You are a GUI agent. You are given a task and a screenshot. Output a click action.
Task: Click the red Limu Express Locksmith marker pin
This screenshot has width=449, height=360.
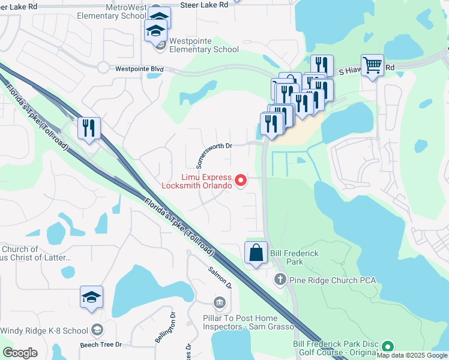coord(241,180)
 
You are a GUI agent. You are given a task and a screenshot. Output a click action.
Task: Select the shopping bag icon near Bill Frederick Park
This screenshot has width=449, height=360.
coord(256,253)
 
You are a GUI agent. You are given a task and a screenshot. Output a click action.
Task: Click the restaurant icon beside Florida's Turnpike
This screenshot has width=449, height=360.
coord(89,128)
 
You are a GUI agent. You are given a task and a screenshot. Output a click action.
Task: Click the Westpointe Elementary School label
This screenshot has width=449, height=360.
coord(204,46)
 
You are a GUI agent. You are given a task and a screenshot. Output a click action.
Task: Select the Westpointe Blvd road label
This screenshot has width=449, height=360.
coord(139,69)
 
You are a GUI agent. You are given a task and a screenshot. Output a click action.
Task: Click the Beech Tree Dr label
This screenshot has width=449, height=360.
coord(101,345)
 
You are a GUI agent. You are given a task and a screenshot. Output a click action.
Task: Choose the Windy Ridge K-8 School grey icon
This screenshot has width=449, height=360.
coord(97,330)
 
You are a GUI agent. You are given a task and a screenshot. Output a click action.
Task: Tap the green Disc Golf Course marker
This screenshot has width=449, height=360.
coord(388,347)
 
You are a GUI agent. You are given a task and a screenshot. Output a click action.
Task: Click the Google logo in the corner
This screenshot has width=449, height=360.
coord(20,352)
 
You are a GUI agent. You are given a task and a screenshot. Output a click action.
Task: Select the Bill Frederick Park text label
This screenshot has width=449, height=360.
coord(294,257)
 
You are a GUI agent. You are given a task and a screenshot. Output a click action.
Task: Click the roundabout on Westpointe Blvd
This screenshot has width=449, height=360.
coord(103,68)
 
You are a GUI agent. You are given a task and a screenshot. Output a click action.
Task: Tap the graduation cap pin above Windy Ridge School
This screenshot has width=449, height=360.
coord(91,297)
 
